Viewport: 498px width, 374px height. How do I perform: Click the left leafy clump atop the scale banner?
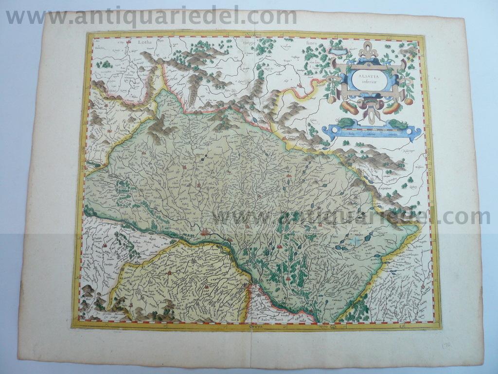346,122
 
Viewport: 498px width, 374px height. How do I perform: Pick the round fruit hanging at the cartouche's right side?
409,101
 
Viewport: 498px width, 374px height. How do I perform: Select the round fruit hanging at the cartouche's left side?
332,99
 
